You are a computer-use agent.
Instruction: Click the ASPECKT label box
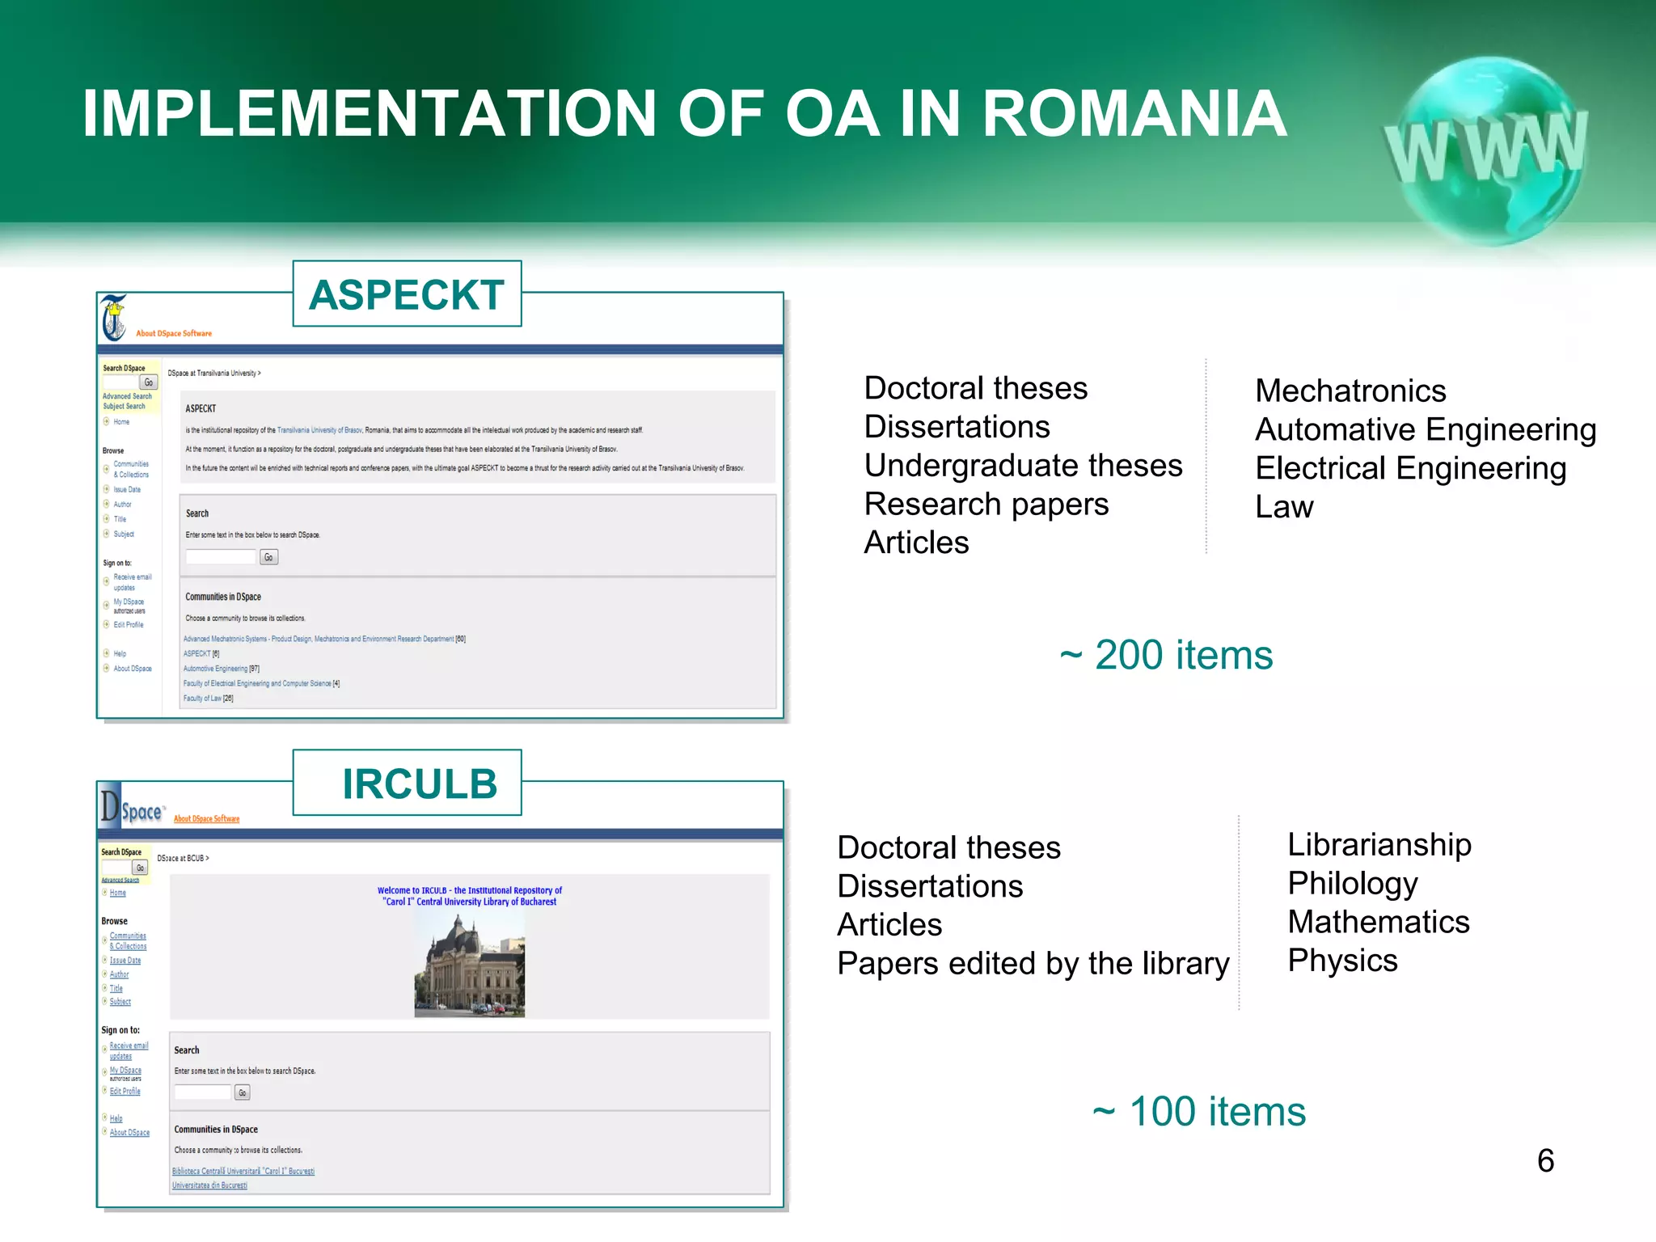tap(407, 294)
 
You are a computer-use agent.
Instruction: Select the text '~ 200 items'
tap(1166, 655)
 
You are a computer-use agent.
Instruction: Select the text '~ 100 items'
tap(1199, 1111)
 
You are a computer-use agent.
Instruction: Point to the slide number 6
tap(1545, 1160)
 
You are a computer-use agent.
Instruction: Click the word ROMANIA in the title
tap(1134, 113)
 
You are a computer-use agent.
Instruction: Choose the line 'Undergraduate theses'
tap(1023, 466)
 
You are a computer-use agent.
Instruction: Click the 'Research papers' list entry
tap(986, 505)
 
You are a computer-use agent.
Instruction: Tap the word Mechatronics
tap(1350, 391)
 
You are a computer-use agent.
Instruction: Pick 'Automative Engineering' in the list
tap(1426, 429)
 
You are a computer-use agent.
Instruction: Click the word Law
tap(1284, 507)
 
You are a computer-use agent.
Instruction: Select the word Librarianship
tap(1379, 845)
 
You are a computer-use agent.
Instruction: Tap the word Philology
tap(1353, 883)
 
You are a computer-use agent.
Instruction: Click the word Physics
tap(1342, 961)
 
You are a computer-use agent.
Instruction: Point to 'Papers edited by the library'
tap(1033, 964)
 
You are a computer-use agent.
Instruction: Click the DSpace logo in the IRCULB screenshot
tap(132, 809)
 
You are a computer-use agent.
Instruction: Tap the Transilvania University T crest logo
tap(114, 318)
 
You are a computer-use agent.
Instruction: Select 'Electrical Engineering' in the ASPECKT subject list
tap(1411, 468)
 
